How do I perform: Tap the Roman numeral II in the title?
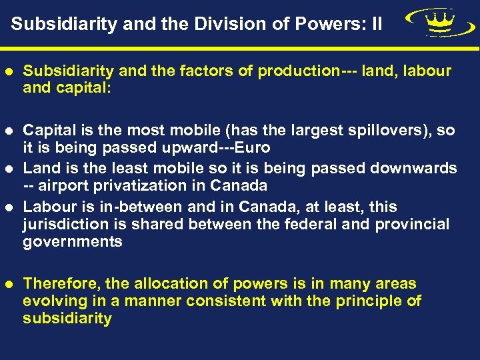pos(376,25)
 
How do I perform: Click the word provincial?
pos(413,225)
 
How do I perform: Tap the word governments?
pos(73,242)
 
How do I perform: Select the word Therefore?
pos(59,284)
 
